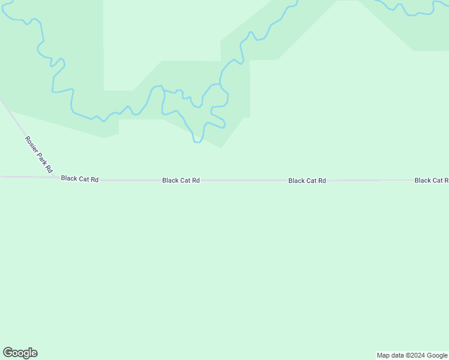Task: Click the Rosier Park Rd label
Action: pyautogui.click(x=39, y=155)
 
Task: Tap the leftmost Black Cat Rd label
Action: pyautogui.click(x=79, y=179)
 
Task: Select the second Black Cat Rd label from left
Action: pyautogui.click(x=181, y=180)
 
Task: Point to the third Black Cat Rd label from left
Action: pyautogui.click(x=307, y=180)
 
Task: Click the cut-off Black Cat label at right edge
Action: pyautogui.click(x=430, y=180)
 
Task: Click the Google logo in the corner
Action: pyautogui.click(x=20, y=353)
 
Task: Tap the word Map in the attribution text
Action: pyautogui.click(x=384, y=355)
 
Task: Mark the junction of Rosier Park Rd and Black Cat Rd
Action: pyautogui.click(x=56, y=177)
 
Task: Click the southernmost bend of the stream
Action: pyautogui.click(x=197, y=142)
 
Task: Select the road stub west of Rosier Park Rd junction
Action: pyautogui.click(x=24, y=177)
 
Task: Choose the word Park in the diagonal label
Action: pyautogui.click(x=41, y=158)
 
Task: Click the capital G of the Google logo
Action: pyautogui.click(x=8, y=353)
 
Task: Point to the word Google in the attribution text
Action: pyautogui.click(x=437, y=355)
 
